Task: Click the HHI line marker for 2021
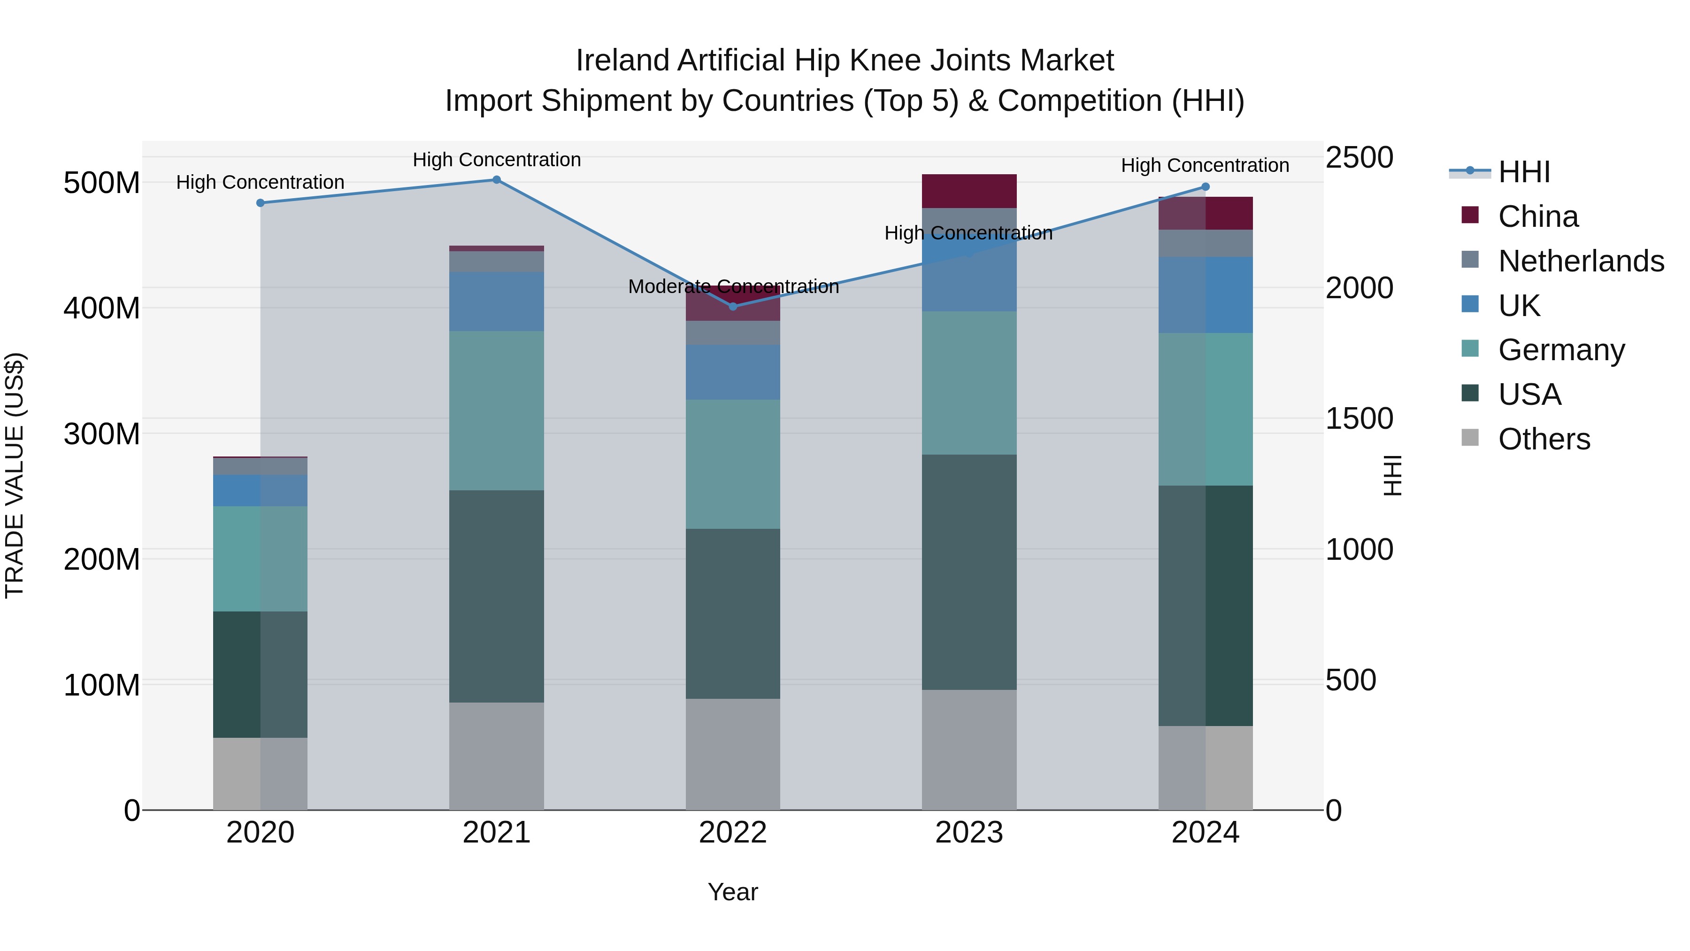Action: pos(497,180)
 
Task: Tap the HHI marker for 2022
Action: pos(733,307)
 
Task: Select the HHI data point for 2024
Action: pos(1205,187)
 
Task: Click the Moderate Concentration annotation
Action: pos(733,287)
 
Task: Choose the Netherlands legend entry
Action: pos(1581,261)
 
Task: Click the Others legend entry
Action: pos(1544,439)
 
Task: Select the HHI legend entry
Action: pos(1523,172)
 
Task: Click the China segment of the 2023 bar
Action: pos(969,191)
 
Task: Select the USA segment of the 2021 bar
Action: pos(497,596)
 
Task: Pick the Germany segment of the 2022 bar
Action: pos(733,464)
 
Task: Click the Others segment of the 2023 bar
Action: pos(969,750)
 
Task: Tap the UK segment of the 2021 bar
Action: pos(497,301)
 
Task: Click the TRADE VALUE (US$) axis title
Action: pos(15,475)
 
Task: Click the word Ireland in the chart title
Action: pos(623,61)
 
